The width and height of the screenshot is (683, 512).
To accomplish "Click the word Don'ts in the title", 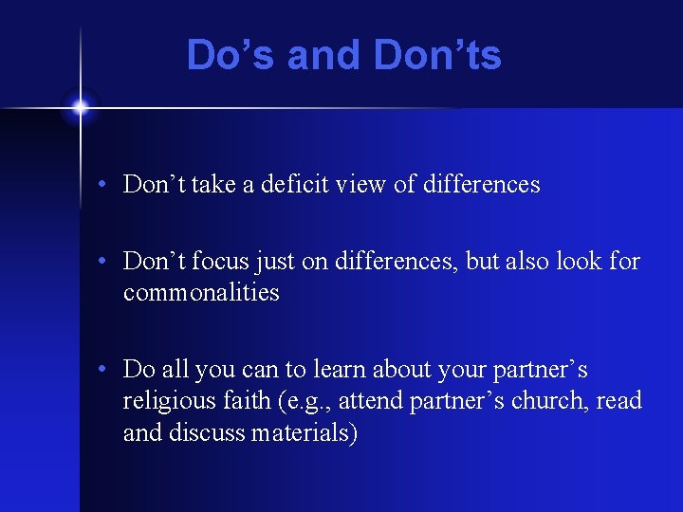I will pyautogui.click(x=437, y=55).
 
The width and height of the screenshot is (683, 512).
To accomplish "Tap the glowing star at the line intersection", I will pyautogui.click(x=80, y=107).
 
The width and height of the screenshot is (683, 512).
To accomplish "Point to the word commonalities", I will pyautogui.click(x=201, y=292).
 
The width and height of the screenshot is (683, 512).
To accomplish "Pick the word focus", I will pyautogui.click(x=225, y=261).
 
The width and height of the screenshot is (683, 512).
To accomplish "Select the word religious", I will pyautogui.click(x=161, y=401).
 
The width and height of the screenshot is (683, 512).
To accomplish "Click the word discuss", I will pyautogui.click(x=202, y=432).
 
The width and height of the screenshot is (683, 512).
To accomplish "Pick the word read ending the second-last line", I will pyautogui.click(x=619, y=401).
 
